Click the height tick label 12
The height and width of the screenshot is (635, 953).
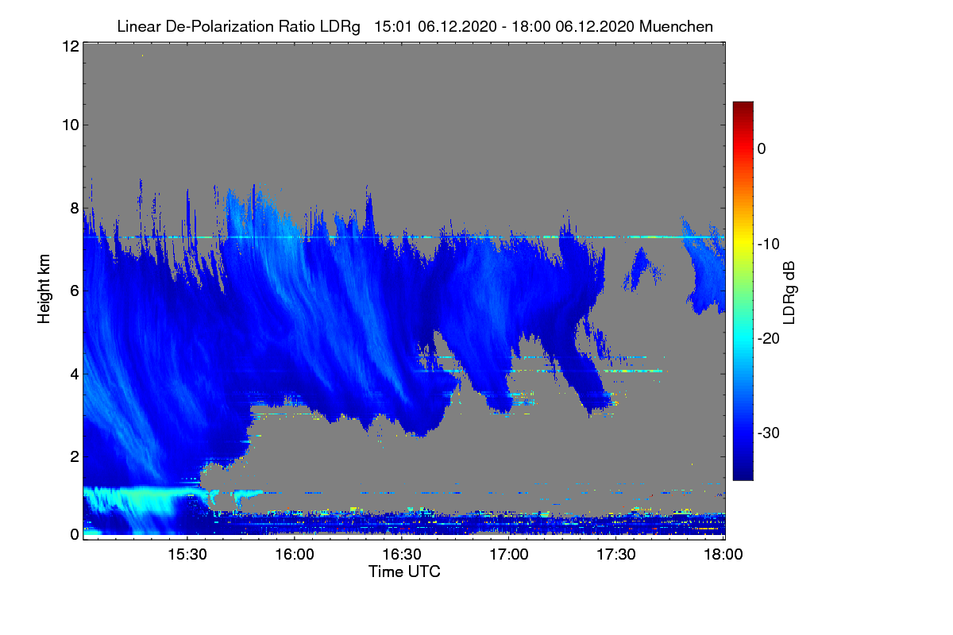click(69, 47)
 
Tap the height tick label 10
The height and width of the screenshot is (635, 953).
click(69, 125)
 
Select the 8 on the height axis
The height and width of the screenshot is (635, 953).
click(74, 208)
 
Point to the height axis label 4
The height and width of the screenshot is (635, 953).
click(74, 373)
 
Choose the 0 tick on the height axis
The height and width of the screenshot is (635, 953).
click(74, 534)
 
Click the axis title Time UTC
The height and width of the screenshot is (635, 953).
click(404, 571)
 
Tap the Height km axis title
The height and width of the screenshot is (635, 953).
click(44, 290)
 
